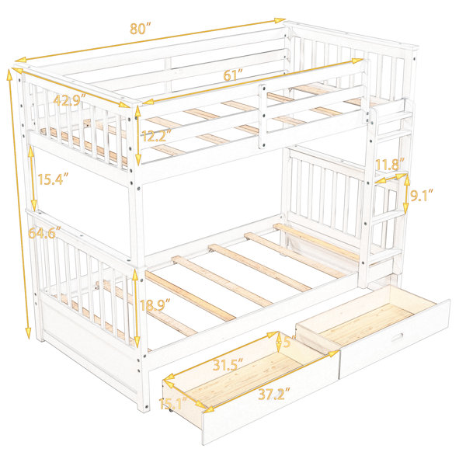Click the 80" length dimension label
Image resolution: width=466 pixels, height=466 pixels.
(x=141, y=29)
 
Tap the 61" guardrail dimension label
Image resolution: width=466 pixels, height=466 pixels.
(x=233, y=75)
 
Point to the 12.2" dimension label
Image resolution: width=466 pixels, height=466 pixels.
(x=156, y=136)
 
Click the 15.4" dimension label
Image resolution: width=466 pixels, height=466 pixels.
(x=53, y=179)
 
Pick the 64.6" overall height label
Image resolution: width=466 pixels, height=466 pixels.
(x=44, y=232)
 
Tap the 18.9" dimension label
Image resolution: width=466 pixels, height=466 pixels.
(x=155, y=305)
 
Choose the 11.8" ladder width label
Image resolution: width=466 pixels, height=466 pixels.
(x=390, y=164)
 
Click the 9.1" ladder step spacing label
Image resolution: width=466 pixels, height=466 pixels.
(x=422, y=195)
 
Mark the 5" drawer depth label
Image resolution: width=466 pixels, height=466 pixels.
(x=288, y=341)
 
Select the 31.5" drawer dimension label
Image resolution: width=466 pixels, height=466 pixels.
(x=228, y=364)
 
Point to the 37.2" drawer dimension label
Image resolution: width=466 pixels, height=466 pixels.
(x=274, y=394)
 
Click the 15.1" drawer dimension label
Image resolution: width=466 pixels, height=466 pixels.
(x=173, y=403)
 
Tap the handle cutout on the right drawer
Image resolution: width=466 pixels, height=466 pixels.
(x=397, y=338)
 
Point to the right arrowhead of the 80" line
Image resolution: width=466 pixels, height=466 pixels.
(x=280, y=20)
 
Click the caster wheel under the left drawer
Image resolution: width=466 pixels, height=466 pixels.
(x=171, y=410)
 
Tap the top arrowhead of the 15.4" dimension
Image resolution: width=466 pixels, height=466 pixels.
(x=30, y=151)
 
